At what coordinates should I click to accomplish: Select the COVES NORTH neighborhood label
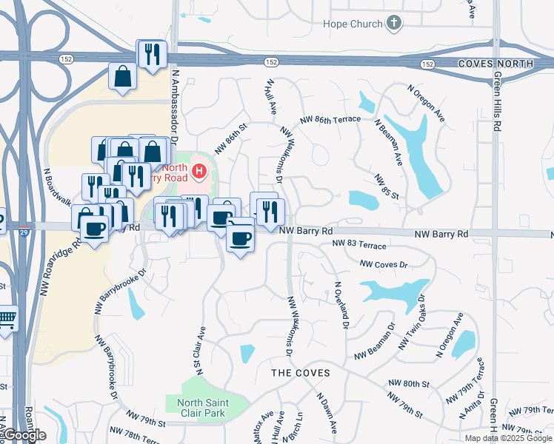495,64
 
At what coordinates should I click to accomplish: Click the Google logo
24,435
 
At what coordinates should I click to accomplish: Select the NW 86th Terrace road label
330,119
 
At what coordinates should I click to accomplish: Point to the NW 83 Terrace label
359,243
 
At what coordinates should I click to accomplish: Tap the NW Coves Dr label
384,264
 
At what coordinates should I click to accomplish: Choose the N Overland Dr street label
341,303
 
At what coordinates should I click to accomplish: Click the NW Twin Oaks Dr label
413,327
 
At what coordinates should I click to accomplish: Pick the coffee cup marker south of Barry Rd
239,238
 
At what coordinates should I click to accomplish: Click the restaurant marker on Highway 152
152,53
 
